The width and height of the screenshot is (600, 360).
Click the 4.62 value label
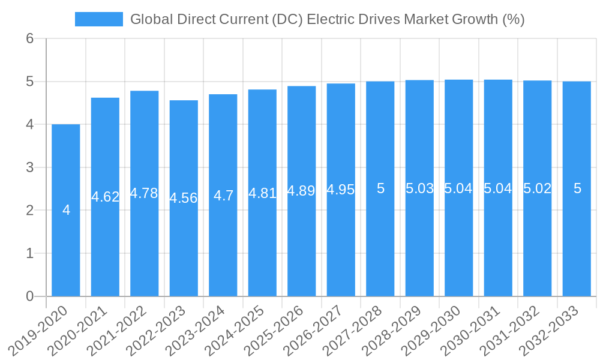(105, 197)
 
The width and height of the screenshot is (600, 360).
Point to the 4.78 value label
(144, 193)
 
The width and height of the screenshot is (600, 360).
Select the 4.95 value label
(341, 190)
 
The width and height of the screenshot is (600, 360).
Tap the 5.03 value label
(419, 188)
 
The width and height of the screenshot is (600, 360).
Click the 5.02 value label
(537, 188)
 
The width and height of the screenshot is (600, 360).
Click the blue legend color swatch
(98, 19)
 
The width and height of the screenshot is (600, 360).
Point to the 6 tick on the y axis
(30, 38)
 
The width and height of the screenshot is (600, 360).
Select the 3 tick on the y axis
(30, 167)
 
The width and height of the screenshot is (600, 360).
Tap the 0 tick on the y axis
(30, 296)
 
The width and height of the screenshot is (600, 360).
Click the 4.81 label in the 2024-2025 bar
(262, 193)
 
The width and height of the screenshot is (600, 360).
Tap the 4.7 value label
(223, 196)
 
